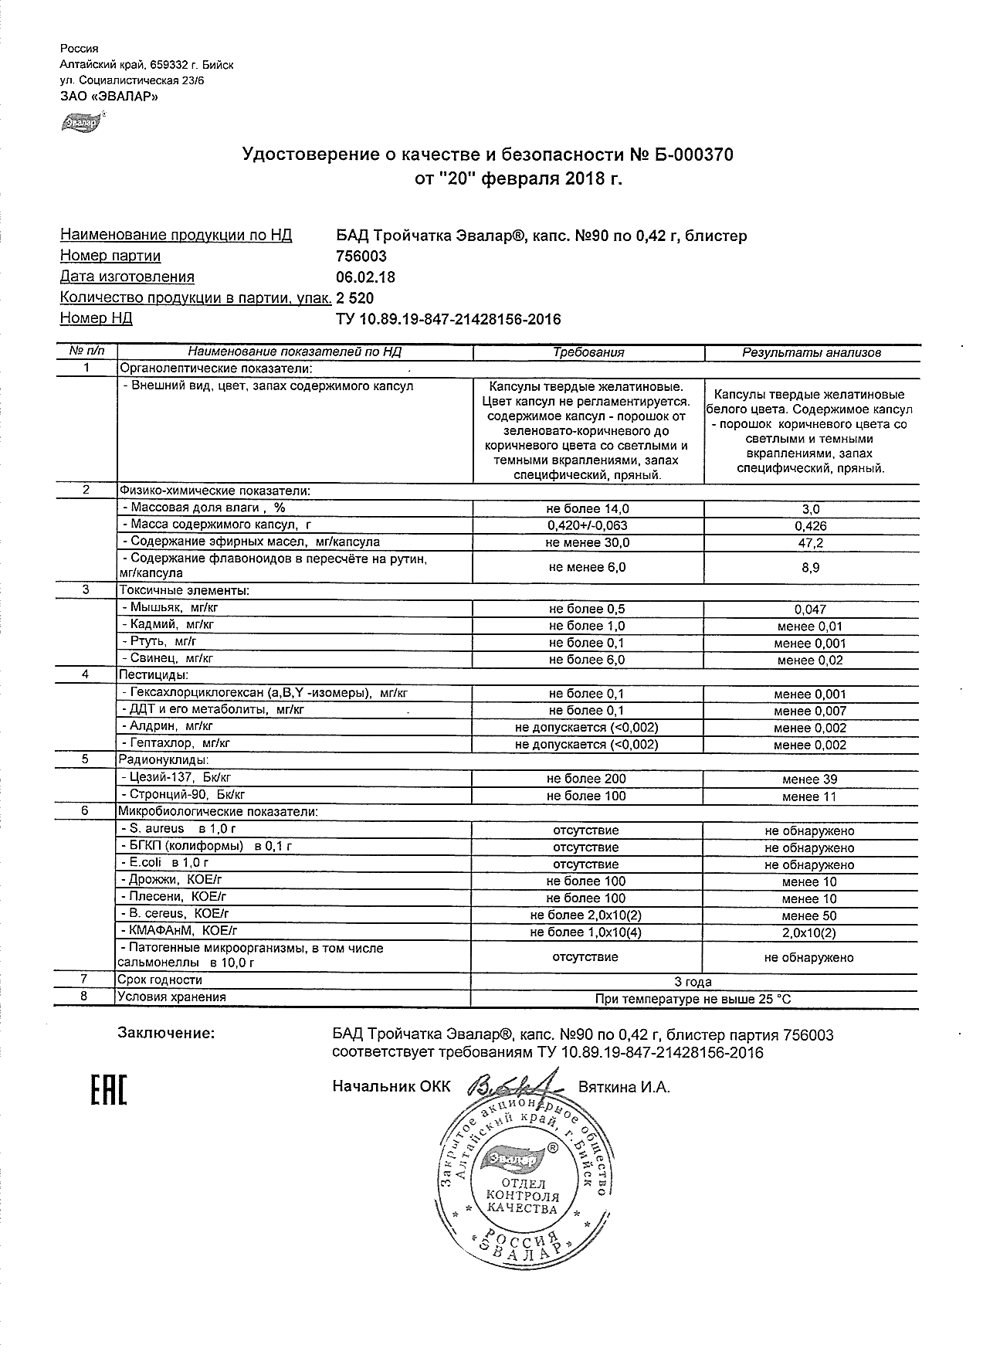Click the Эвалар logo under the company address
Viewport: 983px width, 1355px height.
80,122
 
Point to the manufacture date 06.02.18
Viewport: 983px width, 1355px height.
366,277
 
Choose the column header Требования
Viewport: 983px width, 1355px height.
588,352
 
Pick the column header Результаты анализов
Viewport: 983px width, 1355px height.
812,353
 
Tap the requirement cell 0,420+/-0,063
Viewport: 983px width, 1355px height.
588,526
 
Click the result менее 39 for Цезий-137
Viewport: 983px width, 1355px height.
809,779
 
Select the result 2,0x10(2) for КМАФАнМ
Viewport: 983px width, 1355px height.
809,932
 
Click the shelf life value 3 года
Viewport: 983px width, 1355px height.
693,982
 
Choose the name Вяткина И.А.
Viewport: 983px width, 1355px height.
624,1088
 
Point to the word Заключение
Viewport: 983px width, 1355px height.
166,1033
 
